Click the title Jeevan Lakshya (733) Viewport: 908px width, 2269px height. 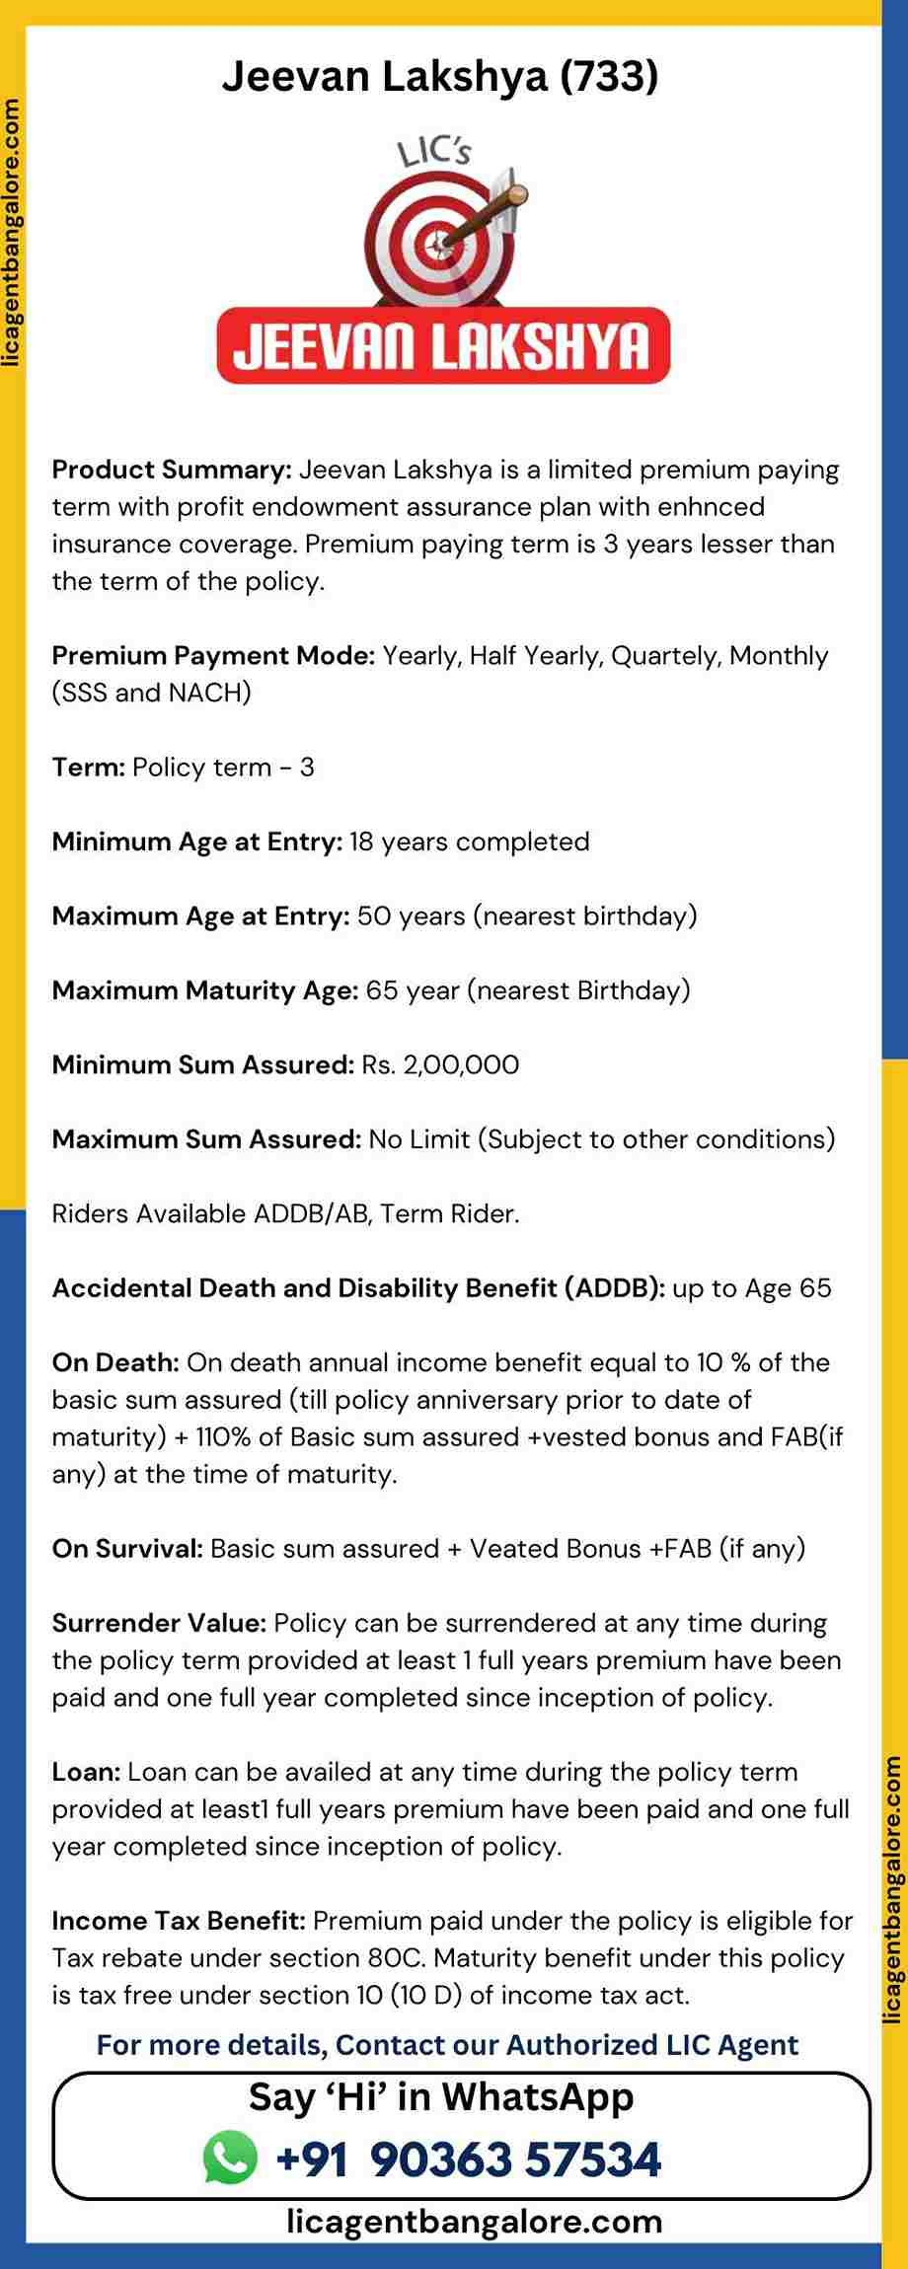click(439, 76)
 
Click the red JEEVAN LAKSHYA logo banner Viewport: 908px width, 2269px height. click(443, 346)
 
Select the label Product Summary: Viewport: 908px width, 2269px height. click(172, 470)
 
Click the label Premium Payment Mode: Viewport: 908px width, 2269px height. click(213, 656)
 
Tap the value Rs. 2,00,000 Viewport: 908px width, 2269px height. click(440, 1065)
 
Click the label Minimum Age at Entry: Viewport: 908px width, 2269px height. click(197, 842)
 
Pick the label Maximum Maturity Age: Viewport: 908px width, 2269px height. click(205, 990)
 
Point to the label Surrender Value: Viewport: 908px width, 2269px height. click(159, 1624)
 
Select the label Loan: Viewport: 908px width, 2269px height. click(86, 1773)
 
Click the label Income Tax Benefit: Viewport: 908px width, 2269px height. click(179, 1922)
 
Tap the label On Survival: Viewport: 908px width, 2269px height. click(127, 1550)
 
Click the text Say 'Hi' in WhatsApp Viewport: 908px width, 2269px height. click(441, 2096)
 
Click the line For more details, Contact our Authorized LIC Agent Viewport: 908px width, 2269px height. click(447, 2045)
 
